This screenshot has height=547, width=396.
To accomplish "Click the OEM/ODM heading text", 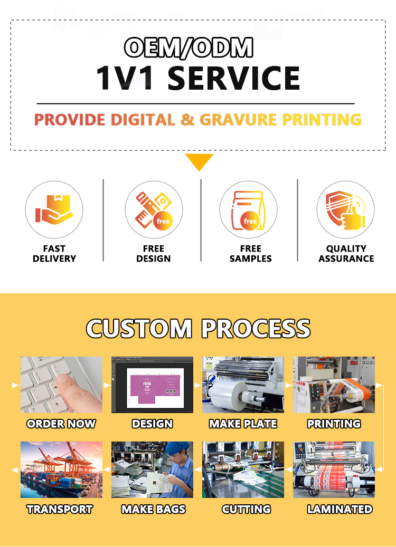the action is point(188,47).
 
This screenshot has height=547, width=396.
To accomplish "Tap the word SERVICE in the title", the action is point(233,78).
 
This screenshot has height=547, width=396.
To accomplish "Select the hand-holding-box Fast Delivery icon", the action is point(54,209).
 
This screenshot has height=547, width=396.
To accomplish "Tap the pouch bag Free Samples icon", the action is point(248,210).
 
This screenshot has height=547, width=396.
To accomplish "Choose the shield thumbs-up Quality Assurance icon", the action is point(345,209).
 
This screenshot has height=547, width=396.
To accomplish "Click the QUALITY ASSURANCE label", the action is point(346,254).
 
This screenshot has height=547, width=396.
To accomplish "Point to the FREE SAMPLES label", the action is point(250,254).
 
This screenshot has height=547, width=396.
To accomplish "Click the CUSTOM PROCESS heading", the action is point(198,329).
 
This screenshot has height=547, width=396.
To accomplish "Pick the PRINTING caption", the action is point(334,424).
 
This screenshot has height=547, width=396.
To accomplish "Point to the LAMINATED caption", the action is point(340,510).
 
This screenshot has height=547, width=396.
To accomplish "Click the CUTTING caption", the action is point(246,510).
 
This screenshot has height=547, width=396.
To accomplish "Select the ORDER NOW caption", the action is point(61,424).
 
